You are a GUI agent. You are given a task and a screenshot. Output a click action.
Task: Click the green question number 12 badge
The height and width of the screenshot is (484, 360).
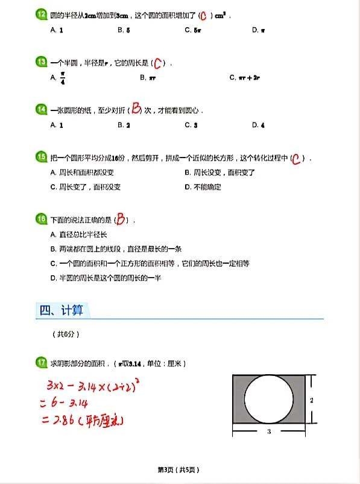pyautogui.click(x=41, y=14)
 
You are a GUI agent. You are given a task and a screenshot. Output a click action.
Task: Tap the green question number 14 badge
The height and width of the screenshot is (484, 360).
pyautogui.click(x=41, y=110)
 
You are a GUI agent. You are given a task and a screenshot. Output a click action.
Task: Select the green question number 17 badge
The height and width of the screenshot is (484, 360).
pyautogui.click(x=41, y=363)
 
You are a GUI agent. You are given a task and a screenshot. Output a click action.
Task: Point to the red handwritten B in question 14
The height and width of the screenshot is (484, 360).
pyautogui.click(x=136, y=109)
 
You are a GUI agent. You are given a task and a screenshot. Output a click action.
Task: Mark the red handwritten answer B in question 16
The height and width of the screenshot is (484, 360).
pyautogui.click(x=122, y=220)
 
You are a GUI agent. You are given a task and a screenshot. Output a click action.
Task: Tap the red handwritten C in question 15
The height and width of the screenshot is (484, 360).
pyautogui.click(x=295, y=159)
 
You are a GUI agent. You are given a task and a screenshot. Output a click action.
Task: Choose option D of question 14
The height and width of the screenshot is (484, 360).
pyautogui.click(x=258, y=126)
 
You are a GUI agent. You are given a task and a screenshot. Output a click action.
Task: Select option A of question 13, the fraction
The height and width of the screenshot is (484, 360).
pyautogui.click(x=58, y=78)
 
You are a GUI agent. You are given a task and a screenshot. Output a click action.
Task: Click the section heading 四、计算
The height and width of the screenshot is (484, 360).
pyautogui.click(x=62, y=310)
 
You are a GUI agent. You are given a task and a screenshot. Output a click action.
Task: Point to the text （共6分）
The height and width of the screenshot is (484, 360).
pyautogui.click(x=66, y=334)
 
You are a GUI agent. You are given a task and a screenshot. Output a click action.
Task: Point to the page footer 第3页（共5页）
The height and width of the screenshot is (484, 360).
pyautogui.click(x=178, y=470)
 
